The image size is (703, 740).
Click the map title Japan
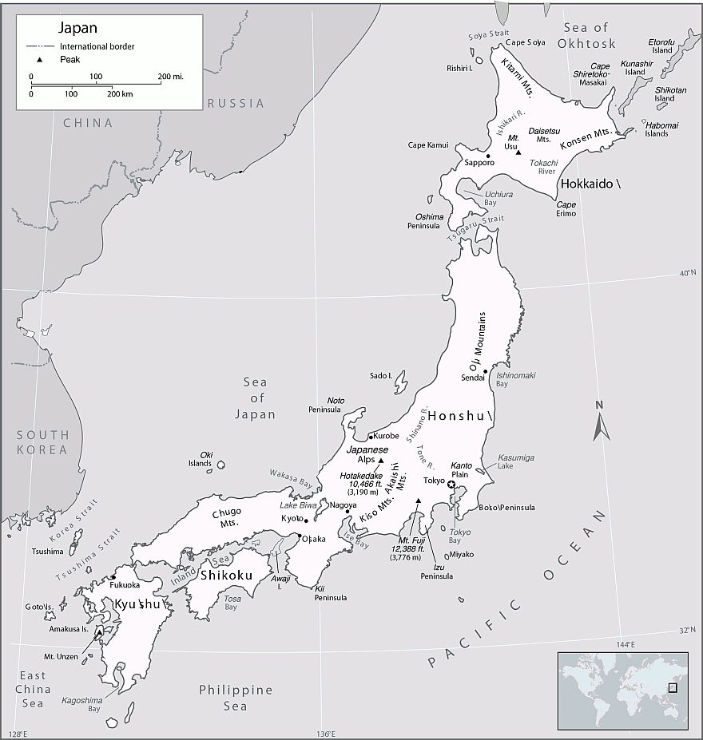point(77,28)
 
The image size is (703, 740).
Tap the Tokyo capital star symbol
point(451,485)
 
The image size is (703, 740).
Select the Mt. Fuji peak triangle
point(418,501)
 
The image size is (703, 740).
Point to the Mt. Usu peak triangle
point(518,152)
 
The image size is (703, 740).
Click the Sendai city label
point(473,378)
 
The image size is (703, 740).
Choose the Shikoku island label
point(227,575)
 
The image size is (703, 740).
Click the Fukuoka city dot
point(114,577)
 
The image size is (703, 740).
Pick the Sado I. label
point(381,375)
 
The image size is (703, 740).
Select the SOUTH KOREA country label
point(43,442)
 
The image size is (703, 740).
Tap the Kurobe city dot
point(370,437)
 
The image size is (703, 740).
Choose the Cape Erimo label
point(566,209)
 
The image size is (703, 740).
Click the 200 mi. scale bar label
point(171,76)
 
